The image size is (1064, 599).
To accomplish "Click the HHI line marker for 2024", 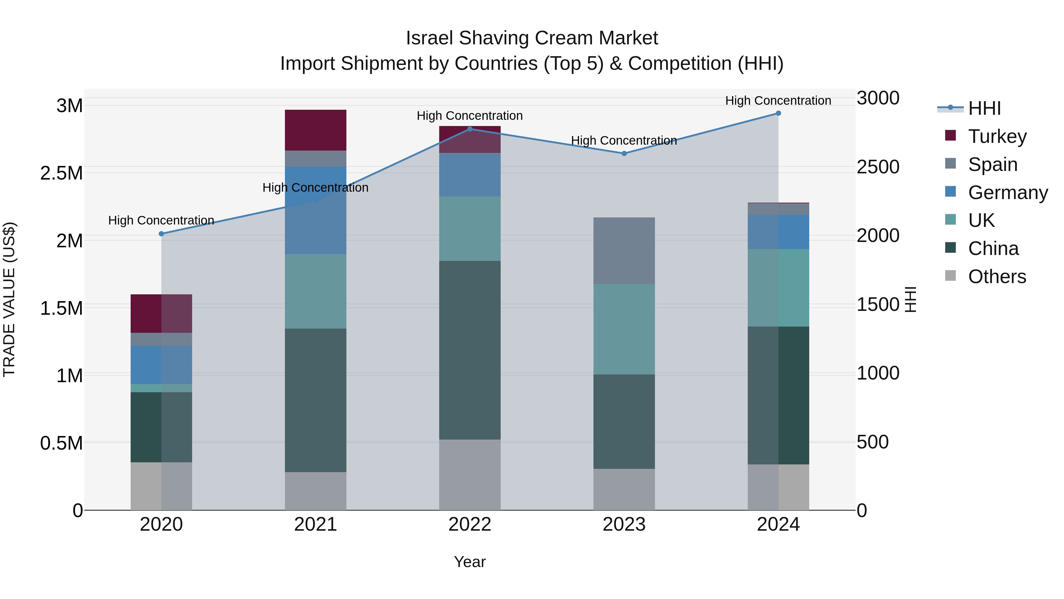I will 778,113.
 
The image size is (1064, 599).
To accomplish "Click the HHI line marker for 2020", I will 161,234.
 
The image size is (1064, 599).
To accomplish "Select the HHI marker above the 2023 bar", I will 624,153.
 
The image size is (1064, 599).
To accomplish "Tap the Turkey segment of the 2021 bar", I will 316,130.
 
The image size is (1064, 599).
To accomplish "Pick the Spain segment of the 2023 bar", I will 624,251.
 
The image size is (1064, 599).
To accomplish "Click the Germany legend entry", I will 1008,193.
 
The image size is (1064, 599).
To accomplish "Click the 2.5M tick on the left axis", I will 61,173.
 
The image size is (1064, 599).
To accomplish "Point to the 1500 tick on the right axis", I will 878,305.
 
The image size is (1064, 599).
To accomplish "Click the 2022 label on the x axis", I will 470,524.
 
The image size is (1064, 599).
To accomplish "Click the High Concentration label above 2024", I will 778,101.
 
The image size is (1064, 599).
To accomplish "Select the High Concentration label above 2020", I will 161,220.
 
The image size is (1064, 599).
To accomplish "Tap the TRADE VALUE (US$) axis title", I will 9,299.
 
